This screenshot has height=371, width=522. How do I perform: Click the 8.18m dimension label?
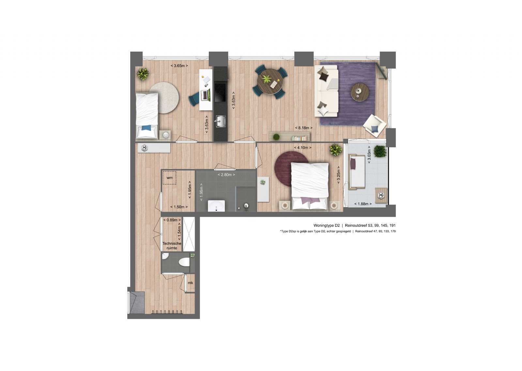coord(304,128)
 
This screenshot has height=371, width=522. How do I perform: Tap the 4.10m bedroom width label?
coord(303,148)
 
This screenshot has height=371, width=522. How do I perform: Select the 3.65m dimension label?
coord(179,66)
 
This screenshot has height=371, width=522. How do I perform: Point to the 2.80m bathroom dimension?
coord(226,175)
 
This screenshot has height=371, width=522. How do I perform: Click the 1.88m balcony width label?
coord(363,204)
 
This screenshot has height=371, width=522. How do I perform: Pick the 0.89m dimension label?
coord(172,220)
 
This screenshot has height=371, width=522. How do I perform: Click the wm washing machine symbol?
coord(169,178)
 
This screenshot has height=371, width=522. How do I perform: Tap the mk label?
coord(191,283)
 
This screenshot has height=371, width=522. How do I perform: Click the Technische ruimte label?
coord(172,246)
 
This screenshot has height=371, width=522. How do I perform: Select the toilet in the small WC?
coord(184,262)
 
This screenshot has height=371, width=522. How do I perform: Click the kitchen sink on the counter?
coord(220,121)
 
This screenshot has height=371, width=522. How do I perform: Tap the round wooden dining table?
coord(270,82)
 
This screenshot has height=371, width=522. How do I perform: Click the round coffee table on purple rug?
coord(360,92)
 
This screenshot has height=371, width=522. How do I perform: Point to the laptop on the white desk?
coord(205,95)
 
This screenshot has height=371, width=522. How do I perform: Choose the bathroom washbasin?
coord(217,206)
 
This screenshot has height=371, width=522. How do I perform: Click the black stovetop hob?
coord(220,93)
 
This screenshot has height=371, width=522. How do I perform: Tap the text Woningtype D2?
coord(327,225)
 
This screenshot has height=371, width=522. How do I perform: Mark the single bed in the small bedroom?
coord(147,116)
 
